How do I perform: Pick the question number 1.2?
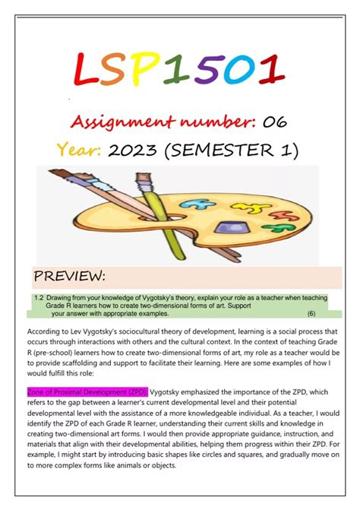pos(39,298)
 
